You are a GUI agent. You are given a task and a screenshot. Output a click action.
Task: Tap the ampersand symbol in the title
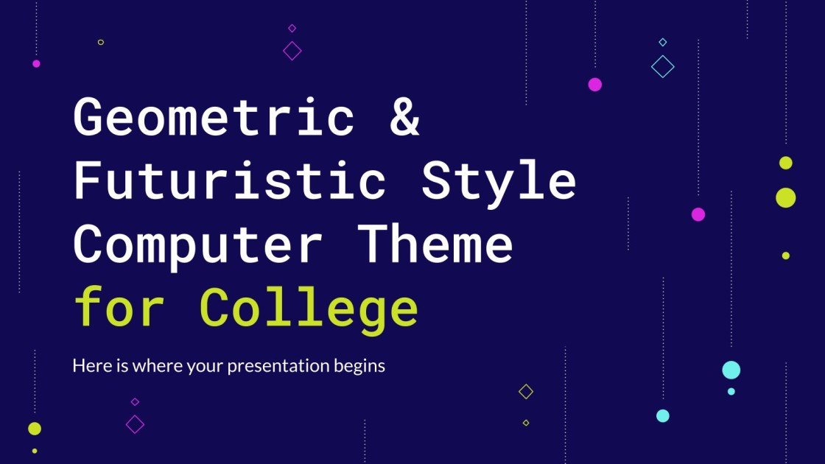[404, 118]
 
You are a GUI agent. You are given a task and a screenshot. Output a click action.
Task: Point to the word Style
[499, 180]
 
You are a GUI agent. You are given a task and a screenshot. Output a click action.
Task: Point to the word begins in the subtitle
[362, 366]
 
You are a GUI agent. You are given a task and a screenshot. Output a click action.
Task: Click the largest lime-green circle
[786, 197]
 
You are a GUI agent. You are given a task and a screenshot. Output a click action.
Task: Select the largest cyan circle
[731, 370]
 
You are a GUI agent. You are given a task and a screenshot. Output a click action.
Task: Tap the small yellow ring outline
[101, 42]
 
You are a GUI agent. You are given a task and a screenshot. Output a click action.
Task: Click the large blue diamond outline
[663, 67]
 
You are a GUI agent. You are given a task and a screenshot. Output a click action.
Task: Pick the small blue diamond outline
[663, 42]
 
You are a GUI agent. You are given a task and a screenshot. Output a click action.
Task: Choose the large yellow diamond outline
[526, 392]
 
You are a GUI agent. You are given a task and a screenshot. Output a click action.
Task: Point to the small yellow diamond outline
[526, 423]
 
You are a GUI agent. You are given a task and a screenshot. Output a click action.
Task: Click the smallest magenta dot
[36, 63]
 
